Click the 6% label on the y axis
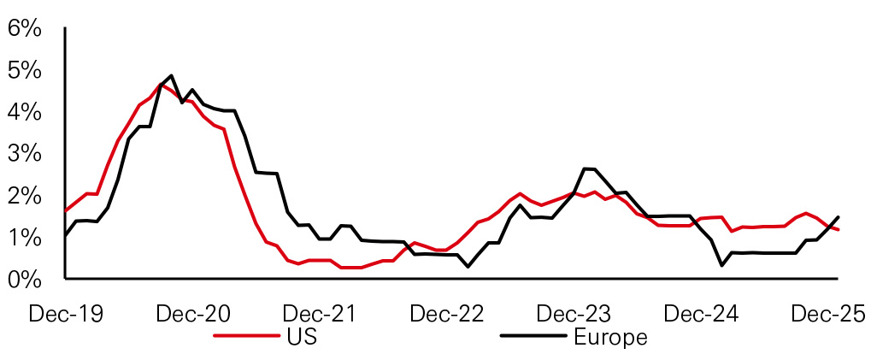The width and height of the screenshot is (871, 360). click(x=24, y=28)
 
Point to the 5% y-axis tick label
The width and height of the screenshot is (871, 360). click(x=24, y=70)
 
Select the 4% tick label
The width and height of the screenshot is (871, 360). click(x=24, y=112)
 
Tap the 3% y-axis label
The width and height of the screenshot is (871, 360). click(x=24, y=154)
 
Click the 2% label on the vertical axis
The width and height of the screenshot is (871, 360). click(x=24, y=196)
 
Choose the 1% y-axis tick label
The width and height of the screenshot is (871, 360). click(x=24, y=238)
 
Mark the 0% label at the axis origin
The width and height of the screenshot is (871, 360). click(x=24, y=280)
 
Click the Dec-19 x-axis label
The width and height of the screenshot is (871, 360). click(x=66, y=314)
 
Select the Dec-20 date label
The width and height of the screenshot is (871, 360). click(x=193, y=314)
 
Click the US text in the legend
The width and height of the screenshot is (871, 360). click(x=302, y=337)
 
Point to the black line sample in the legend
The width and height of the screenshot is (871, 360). click(x=531, y=337)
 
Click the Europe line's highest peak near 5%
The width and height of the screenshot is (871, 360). click(x=172, y=76)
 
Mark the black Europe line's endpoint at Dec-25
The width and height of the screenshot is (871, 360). click(x=838, y=217)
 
